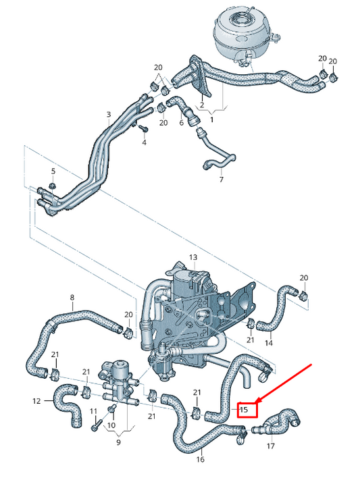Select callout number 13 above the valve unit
[192, 258]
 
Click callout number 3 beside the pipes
[109, 115]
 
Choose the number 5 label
[53, 171]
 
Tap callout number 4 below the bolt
[144, 143]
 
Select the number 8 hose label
[73, 297]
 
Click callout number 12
[36, 401]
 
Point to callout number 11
[94, 411]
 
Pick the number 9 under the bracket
[118, 443]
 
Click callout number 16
[200, 460]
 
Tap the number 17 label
[271, 446]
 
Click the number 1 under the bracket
[210, 119]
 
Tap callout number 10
[111, 426]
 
